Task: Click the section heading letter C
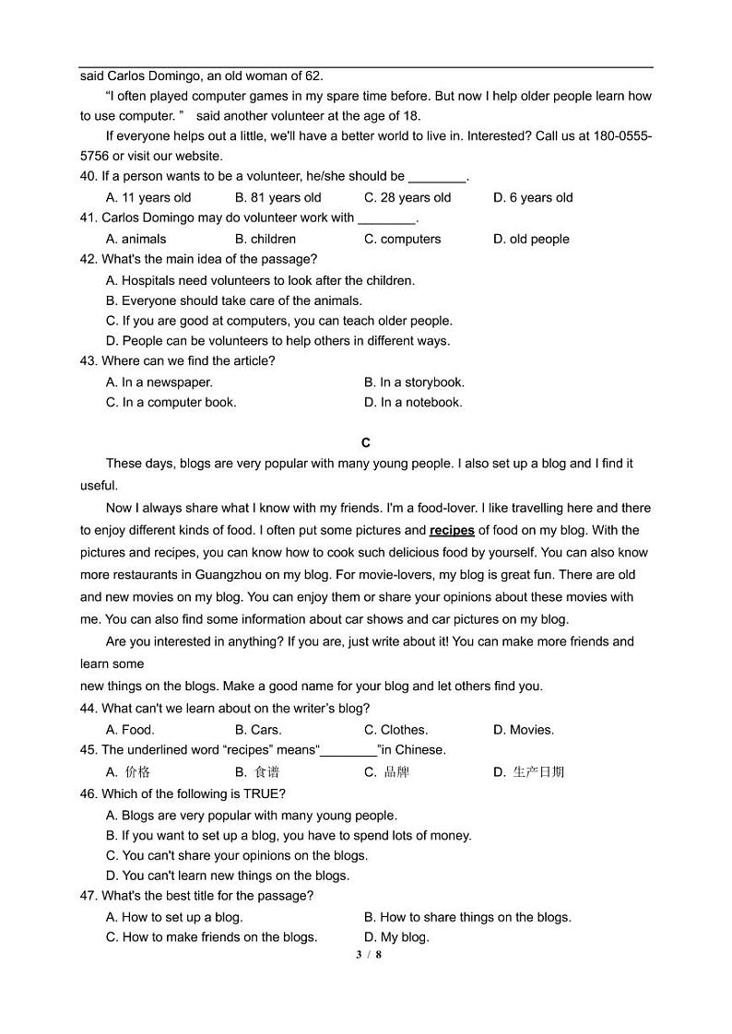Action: [x=366, y=443]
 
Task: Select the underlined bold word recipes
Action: [x=452, y=530]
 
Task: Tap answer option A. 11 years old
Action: [x=148, y=197]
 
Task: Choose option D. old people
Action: [x=531, y=239]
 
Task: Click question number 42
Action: [x=89, y=259]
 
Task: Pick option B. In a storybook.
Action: [x=414, y=382]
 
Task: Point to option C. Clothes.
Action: [x=396, y=730]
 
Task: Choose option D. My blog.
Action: [x=396, y=937]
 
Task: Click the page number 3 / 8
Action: [x=368, y=955]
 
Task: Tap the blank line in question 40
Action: [x=437, y=177]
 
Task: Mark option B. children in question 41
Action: [x=266, y=239]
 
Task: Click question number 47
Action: [x=89, y=896]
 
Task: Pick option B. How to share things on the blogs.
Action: [x=467, y=917]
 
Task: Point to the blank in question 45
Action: [x=348, y=751]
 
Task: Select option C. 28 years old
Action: [x=407, y=197]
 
